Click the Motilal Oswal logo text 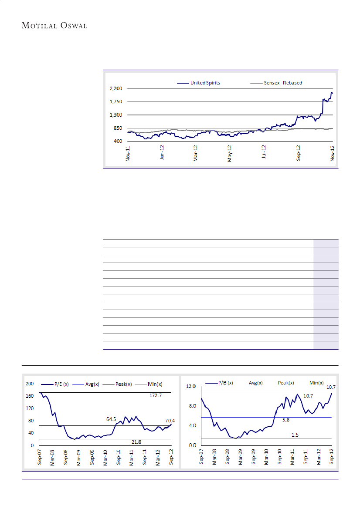pyautogui.click(x=55, y=26)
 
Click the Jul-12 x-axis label pyautogui.click(x=264, y=153)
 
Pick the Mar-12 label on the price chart pyautogui.click(x=195, y=153)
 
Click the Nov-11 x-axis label pyautogui.click(x=128, y=153)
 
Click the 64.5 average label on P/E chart pyautogui.click(x=112, y=419)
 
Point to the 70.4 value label pyautogui.click(x=170, y=421)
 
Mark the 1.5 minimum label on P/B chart pyautogui.click(x=295, y=435)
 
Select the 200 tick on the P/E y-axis pyautogui.click(x=30, y=384)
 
